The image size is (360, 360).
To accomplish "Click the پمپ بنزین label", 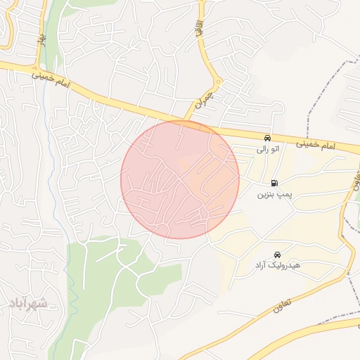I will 274,193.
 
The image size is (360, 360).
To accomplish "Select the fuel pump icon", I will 274,182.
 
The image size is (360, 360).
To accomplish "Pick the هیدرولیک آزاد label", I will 278,265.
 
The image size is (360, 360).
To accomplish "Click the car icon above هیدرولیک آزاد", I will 278,255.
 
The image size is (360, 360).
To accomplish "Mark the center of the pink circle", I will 180,179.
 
